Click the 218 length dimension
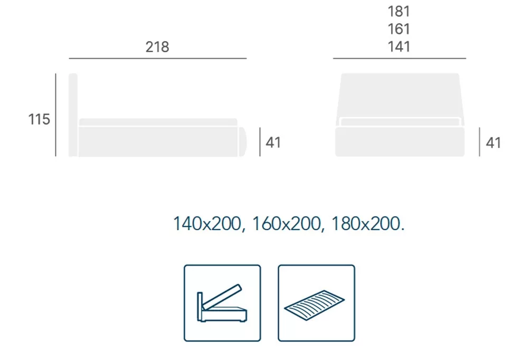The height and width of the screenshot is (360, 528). coord(157,47)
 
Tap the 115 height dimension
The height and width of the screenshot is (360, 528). coord(39,119)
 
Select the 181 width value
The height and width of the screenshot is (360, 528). coord(399,12)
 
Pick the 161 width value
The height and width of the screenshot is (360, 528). coord(399,29)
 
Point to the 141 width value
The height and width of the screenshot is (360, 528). coord(399,47)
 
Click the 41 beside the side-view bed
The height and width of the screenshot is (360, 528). coord(273,143)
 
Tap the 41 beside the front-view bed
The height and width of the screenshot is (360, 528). coord(493,143)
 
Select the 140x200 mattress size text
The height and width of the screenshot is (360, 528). coord(207,224)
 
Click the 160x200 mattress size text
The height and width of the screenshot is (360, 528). coord(287,224)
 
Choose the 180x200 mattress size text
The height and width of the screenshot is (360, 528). coord(366,224)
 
